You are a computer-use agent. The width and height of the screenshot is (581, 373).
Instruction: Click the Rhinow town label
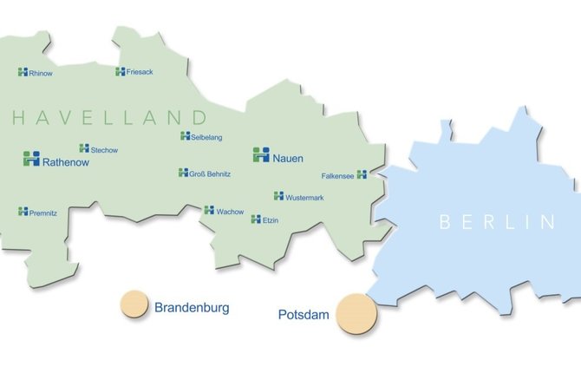(x=41, y=74)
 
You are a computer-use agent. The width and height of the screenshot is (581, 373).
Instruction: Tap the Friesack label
(x=140, y=72)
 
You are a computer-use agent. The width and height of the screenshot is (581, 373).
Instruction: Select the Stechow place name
(x=104, y=150)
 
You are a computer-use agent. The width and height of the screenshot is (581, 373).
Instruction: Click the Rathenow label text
(x=69, y=160)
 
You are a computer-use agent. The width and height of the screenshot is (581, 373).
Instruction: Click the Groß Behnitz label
(x=210, y=174)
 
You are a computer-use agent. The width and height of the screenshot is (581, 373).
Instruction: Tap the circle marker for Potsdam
(x=356, y=313)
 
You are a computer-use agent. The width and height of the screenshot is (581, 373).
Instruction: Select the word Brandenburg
(x=192, y=307)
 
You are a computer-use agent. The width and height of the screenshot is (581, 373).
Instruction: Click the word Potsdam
(x=304, y=315)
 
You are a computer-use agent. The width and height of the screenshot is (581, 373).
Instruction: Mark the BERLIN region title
(x=496, y=222)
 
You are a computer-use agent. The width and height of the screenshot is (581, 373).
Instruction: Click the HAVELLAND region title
(x=109, y=118)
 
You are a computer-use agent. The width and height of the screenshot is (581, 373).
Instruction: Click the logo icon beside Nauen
(x=261, y=155)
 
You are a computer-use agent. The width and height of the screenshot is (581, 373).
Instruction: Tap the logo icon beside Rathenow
(x=31, y=159)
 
